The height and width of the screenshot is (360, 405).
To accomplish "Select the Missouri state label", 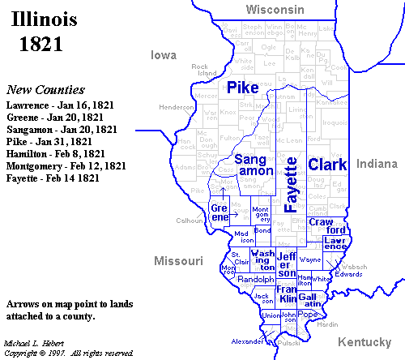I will pos(176,261).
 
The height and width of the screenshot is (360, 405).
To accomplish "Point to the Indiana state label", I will pos(377,164).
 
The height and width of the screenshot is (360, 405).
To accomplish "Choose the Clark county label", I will pos(327,165).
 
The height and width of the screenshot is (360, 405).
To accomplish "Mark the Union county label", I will pos(271,315).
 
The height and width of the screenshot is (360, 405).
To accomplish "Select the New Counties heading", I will pos(45,90).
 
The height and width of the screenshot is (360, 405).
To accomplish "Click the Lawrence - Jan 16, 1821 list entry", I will pos(59,105).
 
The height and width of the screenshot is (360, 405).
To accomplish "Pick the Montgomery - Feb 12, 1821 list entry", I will pos(65,165).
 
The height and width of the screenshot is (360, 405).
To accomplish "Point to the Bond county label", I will pos(262,229).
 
